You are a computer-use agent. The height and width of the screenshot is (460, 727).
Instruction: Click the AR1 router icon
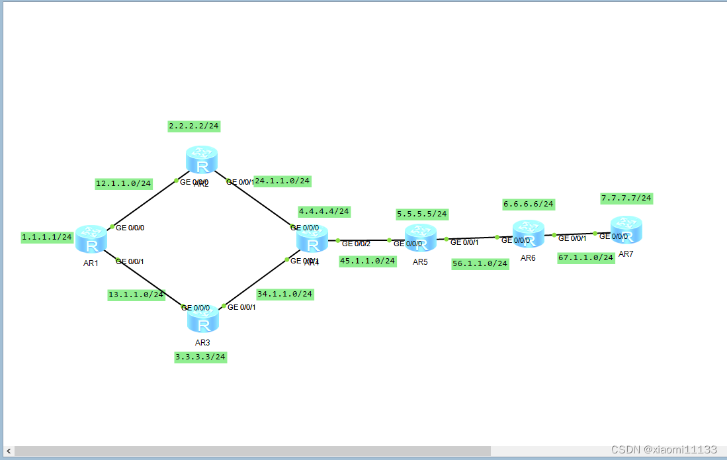point(91,239)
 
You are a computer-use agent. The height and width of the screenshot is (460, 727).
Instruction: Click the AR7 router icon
point(626,230)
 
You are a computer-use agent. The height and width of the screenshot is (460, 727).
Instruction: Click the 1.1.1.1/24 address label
point(47,237)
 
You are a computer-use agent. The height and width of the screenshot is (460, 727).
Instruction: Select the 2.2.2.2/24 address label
point(194,125)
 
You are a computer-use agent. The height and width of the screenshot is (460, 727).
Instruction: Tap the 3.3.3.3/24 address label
point(200,357)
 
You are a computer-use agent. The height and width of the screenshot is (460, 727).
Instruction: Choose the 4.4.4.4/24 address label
point(324,212)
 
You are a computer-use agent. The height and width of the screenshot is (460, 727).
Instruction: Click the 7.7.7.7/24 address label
point(626,198)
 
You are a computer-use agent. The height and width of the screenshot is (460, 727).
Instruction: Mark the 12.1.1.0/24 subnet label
point(124,183)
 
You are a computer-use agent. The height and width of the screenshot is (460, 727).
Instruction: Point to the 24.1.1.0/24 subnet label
point(282,181)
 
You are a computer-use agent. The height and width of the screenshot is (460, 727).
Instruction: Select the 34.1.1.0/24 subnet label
point(285,294)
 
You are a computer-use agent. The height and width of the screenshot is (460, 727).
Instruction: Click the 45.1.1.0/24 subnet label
point(368,261)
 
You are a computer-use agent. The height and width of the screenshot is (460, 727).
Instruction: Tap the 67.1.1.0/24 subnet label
point(586,257)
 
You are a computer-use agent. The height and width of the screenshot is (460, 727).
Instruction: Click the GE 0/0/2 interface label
point(356,244)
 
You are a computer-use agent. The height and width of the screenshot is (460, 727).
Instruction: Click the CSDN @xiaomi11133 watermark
point(664,449)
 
